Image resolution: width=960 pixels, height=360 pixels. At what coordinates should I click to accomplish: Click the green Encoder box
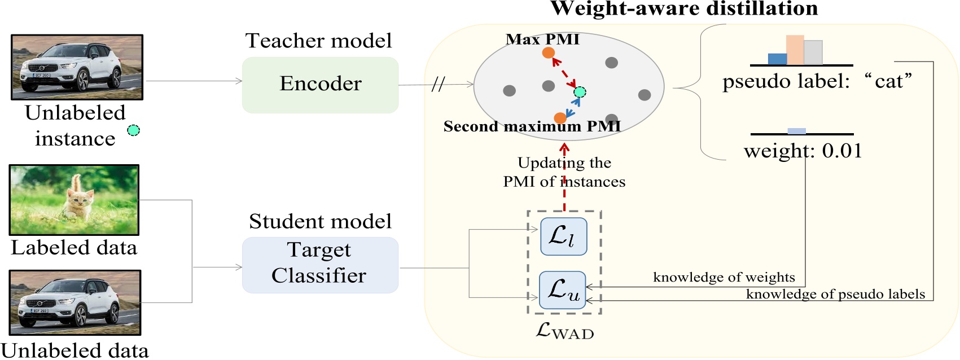pyautogui.click(x=320, y=85)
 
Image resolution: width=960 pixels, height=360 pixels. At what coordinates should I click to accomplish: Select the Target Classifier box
pyautogui.click(x=320, y=265)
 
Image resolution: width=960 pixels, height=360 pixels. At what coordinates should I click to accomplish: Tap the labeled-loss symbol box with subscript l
pyautogui.click(x=563, y=236)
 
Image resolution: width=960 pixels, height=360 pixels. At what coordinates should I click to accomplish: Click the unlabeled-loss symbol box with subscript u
pyautogui.click(x=562, y=290)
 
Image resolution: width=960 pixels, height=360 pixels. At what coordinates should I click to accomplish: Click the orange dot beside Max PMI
pyautogui.click(x=548, y=53)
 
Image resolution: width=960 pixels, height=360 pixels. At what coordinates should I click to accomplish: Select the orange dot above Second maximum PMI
pyautogui.click(x=560, y=118)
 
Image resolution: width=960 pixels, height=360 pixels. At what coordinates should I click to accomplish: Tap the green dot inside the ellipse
pyautogui.click(x=580, y=92)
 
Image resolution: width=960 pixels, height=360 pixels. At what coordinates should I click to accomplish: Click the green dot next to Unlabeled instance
pyautogui.click(x=133, y=130)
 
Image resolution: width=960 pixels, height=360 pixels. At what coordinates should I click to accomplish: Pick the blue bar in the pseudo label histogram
pyautogui.click(x=777, y=59)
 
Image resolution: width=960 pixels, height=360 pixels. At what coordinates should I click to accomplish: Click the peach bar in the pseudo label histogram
pyautogui.click(x=795, y=50)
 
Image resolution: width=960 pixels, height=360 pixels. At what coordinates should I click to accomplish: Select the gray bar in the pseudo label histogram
pyautogui.click(x=813, y=52)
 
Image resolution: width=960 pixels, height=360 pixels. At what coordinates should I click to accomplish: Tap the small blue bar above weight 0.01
pyautogui.click(x=796, y=131)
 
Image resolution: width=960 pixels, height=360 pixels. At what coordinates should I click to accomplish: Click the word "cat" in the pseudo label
pyautogui.click(x=888, y=81)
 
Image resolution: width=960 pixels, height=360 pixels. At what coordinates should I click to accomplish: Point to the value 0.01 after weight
pyautogui.click(x=842, y=151)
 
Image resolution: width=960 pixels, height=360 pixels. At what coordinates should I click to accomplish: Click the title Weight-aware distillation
pyautogui.click(x=684, y=8)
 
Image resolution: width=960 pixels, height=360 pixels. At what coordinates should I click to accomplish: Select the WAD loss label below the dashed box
pyautogui.click(x=564, y=331)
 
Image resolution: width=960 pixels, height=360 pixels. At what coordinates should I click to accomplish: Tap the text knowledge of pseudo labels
pyautogui.click(x=835, y=294)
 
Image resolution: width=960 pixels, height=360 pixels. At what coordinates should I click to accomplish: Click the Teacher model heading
pyautogui.click(x=318, y=41)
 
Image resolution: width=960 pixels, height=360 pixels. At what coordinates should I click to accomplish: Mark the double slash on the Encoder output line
pyautogui.click(x=438, y=85)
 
